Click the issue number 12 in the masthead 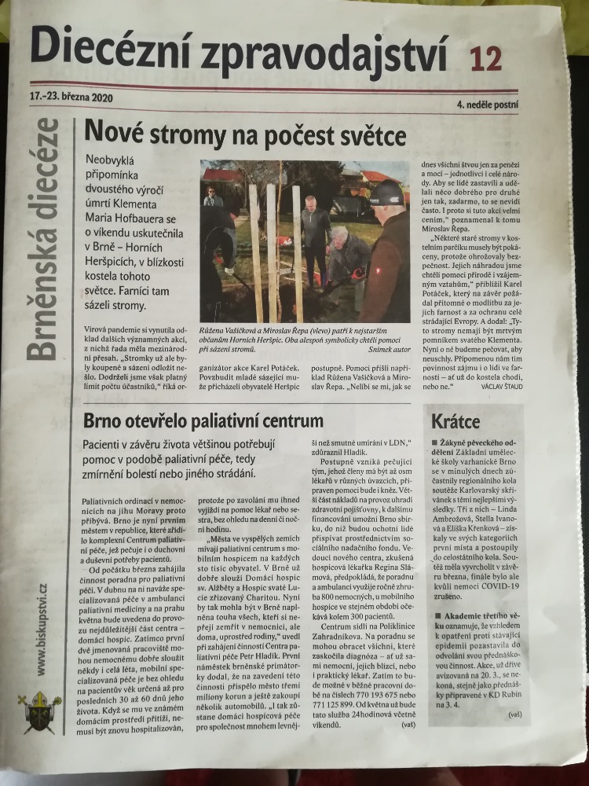click(484, 59)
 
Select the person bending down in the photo click(346, 259)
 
